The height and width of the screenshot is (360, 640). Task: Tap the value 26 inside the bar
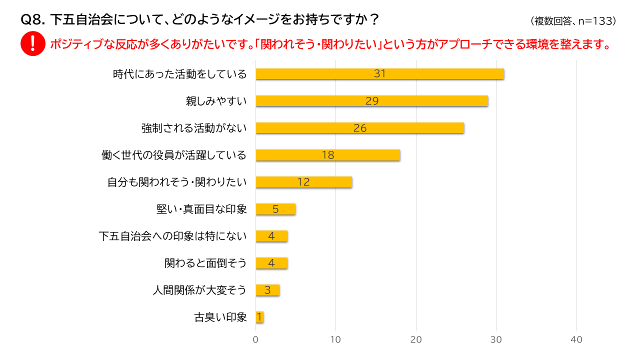(x=360, y=128)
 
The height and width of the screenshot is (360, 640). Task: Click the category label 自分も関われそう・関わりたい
(x=177, y=182)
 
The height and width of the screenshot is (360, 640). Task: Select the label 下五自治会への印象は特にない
(x=172, y=236)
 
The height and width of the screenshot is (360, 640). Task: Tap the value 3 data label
(x=267, y=290)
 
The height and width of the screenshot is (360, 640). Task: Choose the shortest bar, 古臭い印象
(x=259, y=317)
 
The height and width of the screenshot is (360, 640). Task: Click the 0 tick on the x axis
(x=256, y=339)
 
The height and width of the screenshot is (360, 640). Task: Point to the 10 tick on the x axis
(x=336, y=339)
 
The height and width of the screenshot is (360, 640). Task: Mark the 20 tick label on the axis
(x=416, y=339)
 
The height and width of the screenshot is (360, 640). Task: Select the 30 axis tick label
(x=496, y=339)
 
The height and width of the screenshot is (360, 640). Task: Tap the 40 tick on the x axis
(x=576, y=339)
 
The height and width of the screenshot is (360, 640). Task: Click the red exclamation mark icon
(x=33, y=43)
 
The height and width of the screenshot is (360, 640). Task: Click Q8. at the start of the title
(x=33, y=20)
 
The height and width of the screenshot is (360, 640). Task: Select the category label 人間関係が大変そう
(x=199, y=290)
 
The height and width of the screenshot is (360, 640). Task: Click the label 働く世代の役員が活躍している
(x=174, y=155)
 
